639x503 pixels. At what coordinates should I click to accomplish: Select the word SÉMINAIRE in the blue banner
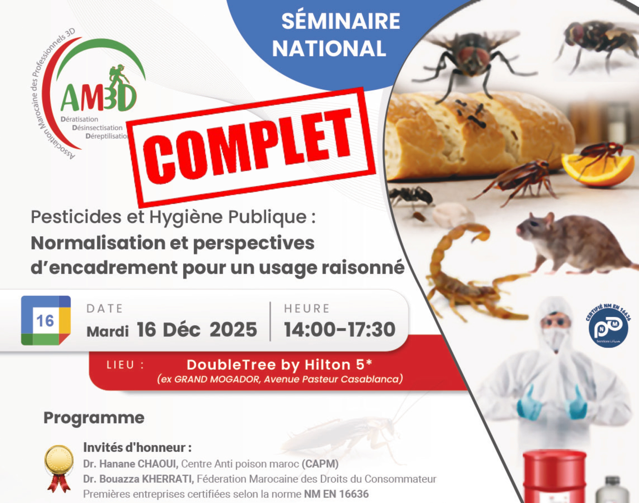341,21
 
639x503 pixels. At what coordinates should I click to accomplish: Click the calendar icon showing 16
46,320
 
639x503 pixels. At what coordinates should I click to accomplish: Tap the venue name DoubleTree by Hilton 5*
279,365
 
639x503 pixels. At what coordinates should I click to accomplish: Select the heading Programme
94,418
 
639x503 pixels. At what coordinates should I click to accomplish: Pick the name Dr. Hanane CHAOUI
131,464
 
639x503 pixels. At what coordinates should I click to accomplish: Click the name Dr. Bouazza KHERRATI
138,479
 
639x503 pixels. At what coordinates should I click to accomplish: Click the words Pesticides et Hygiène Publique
173,217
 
